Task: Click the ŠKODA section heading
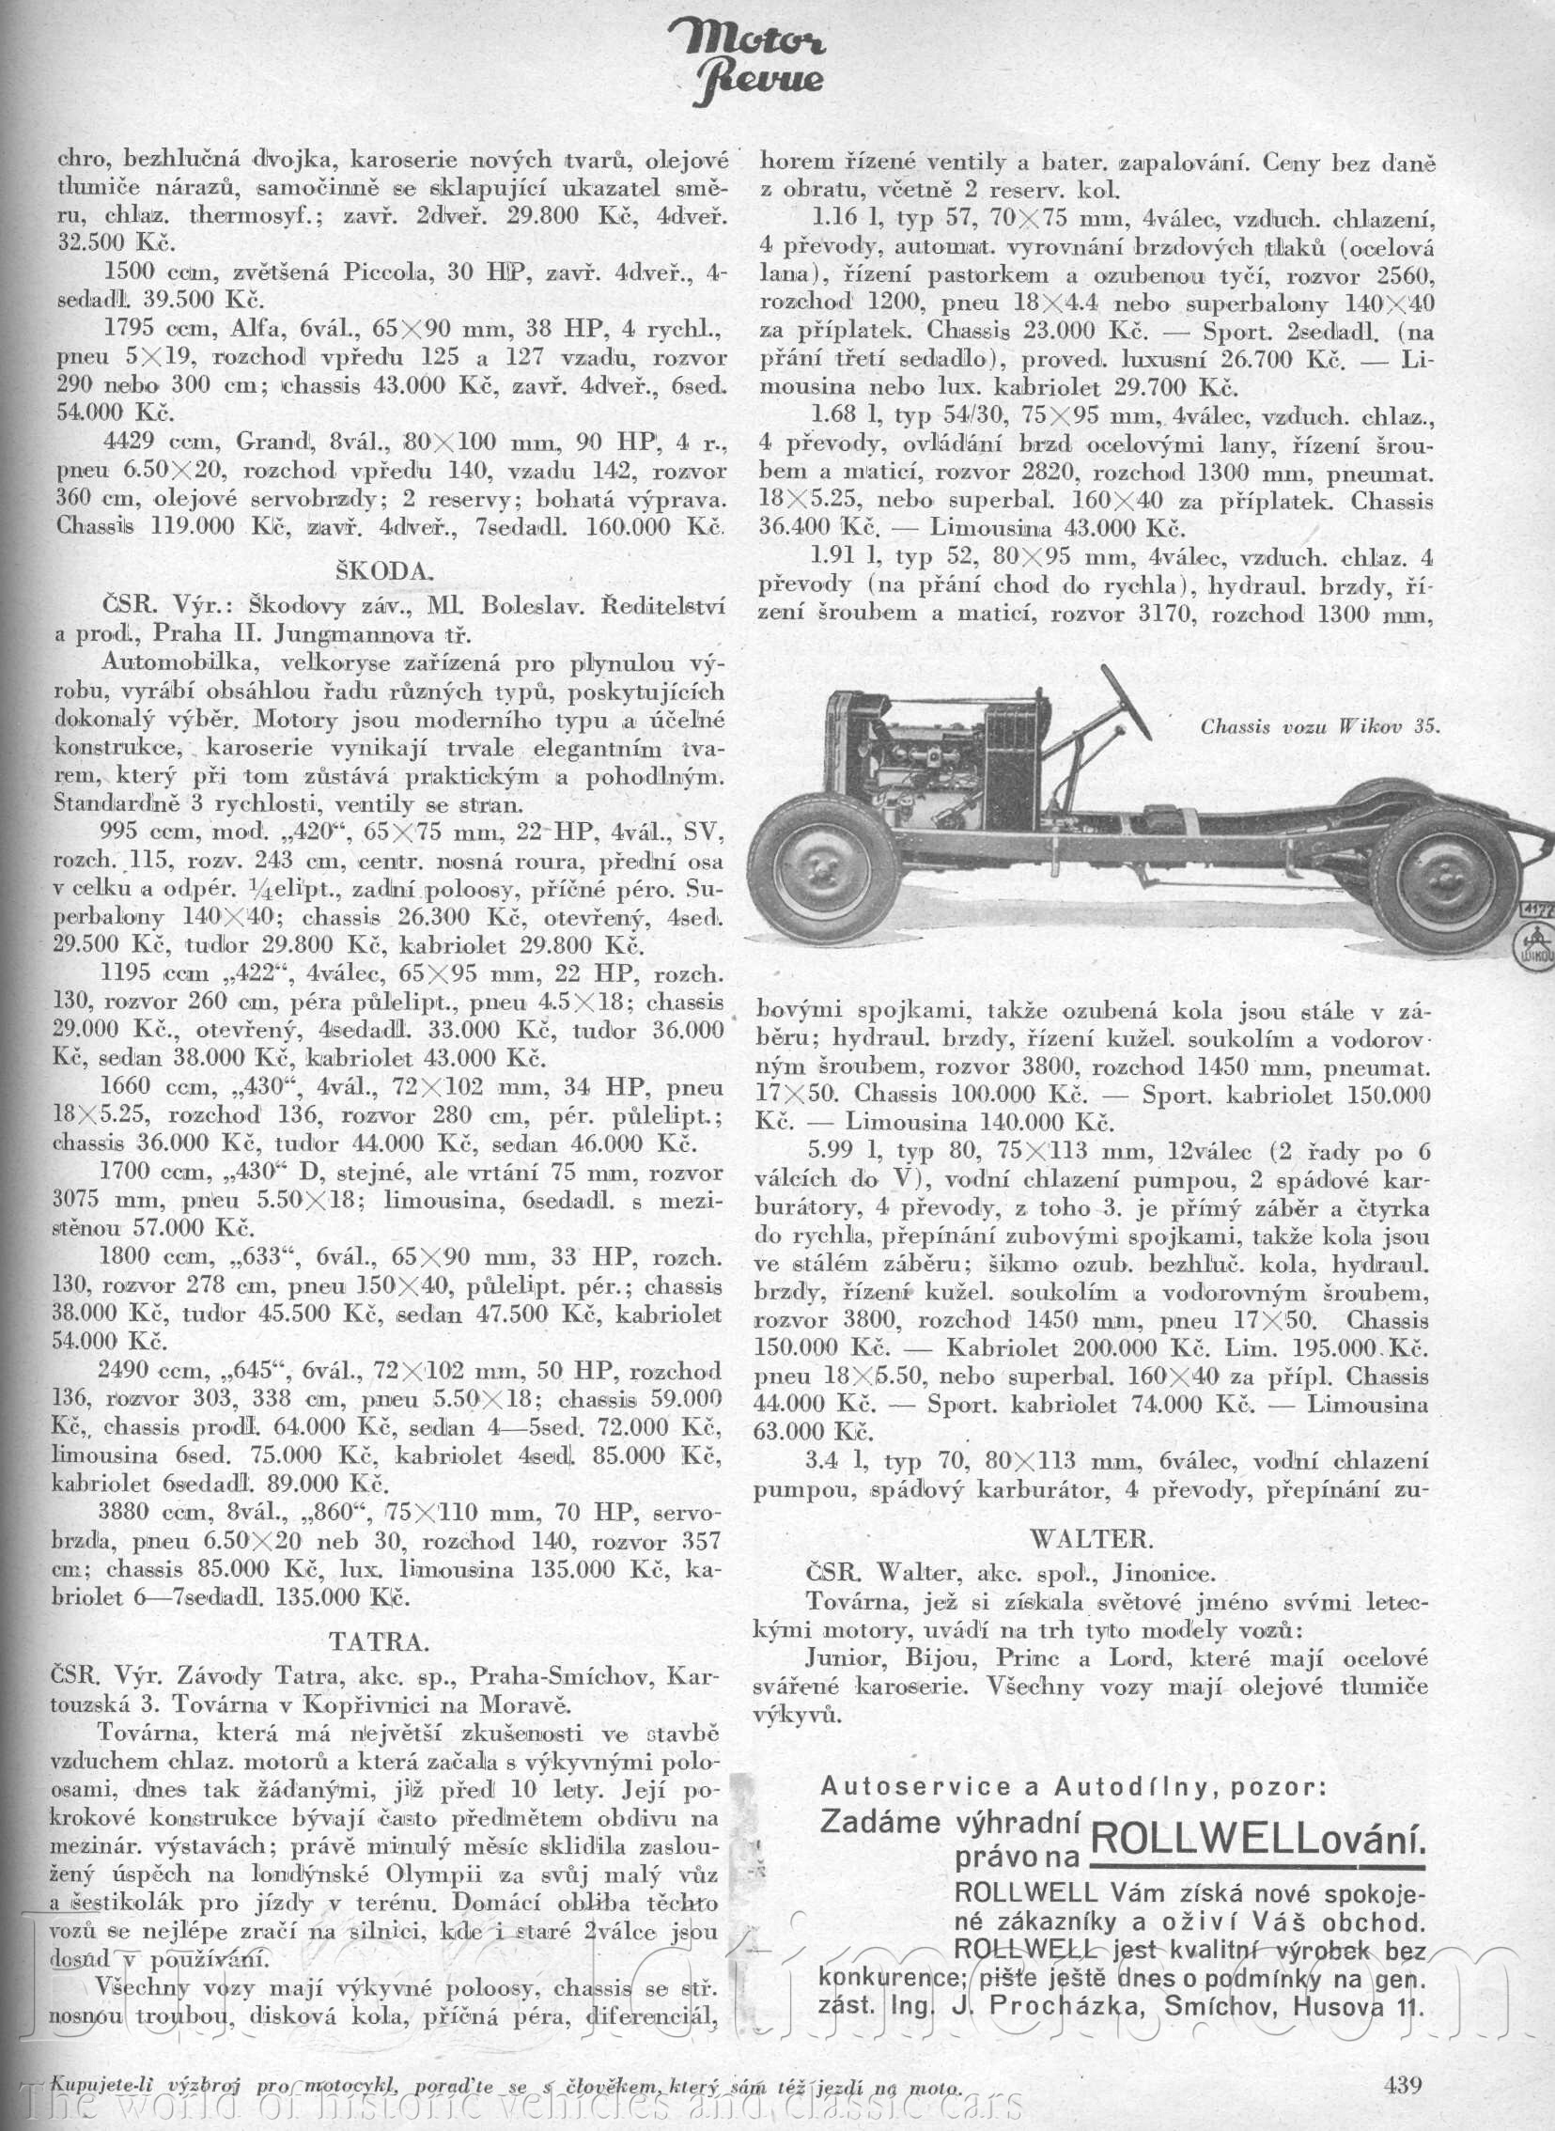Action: pyautogui.click(x=384, y=571)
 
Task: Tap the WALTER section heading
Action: pyautogui.click(x=1091, y=1539)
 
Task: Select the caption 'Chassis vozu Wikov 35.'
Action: pyautogui.click(x=1320, y=726)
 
